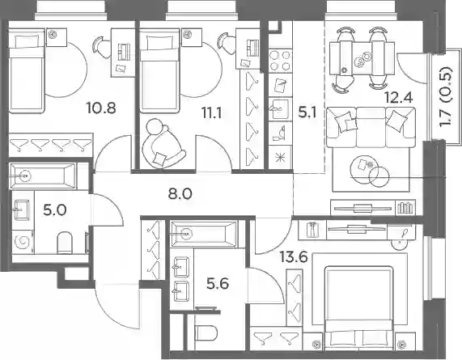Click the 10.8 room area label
(101, 108)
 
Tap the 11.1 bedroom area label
(211, 112)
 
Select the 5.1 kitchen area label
(307, 112)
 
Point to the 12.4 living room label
(399, 97)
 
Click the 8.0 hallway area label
(180, 194)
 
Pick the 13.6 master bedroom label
(294, 257)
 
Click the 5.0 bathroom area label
(55, 210)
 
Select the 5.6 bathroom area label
(218, 284)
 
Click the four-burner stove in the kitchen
(280, 61)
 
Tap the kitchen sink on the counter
(280, 109)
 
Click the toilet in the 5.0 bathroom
(64, 242)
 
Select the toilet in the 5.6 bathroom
(206, 332)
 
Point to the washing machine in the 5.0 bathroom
(23, 242)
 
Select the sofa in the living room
(371, 127)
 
